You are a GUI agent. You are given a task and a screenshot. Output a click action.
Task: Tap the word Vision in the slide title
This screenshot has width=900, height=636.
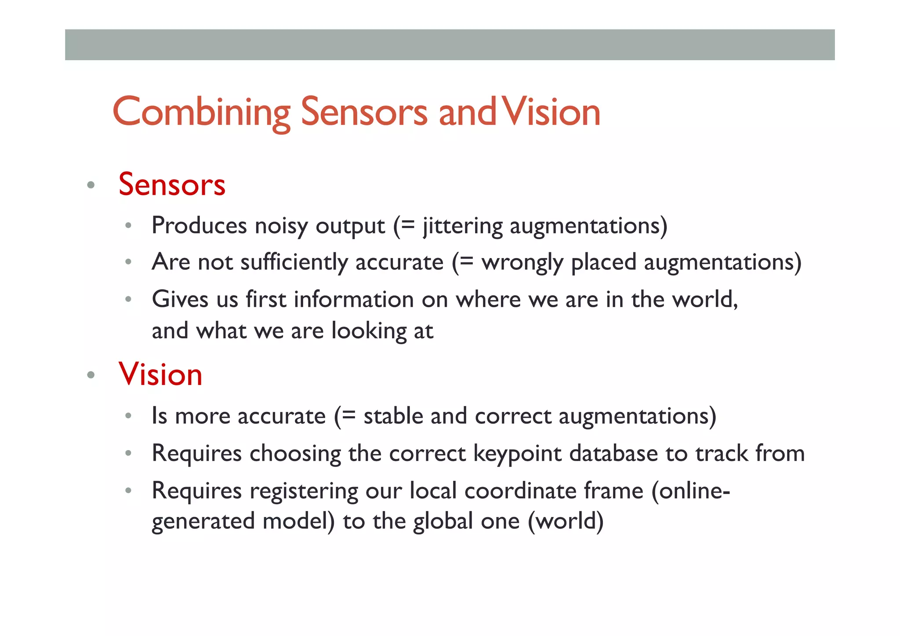coord(551,113)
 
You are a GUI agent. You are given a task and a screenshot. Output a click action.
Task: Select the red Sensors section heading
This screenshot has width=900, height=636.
coord(172,185)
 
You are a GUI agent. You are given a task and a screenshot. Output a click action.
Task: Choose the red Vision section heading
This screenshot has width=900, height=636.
coord(160,374)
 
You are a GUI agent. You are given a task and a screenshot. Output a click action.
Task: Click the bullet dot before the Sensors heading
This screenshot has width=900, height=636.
coord(91,185)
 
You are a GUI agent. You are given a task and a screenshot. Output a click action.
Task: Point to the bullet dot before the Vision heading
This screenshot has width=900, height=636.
coord(91,375)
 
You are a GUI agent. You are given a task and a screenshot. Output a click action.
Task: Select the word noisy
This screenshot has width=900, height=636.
coord(281,226)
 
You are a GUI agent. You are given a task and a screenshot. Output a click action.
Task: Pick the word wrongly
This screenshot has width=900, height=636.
coord(522,262)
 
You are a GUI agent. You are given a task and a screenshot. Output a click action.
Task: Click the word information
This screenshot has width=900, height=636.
coord(354,300)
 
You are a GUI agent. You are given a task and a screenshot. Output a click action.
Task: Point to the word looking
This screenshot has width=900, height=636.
coord(369,331)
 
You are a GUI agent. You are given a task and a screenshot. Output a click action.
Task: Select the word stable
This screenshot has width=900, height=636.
coord(393,416)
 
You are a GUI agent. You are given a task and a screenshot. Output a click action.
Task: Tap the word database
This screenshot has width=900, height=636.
coord(613,454)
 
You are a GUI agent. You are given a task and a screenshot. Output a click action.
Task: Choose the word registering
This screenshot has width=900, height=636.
coord(304,491)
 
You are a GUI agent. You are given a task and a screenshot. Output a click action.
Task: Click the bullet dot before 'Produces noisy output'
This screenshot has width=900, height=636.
coord(128,226)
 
